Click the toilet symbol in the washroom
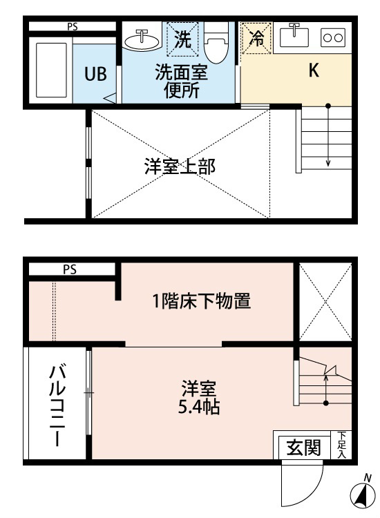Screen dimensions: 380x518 pyautogui.click(x=216, y=43)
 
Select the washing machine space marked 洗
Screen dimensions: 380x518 pyautogui.click(x=182, y=39)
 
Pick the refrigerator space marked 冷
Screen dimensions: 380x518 pyautogui.click(x=256, y=38)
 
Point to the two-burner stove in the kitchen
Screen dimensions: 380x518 pyautogui.click(x=333, y=37)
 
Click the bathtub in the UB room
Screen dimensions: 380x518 pyautogui.click(x=51, y=70)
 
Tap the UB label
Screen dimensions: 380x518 pyautogui.click(x=95, y=74)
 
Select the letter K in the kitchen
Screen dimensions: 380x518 pyautogui.click(x=314, y=70)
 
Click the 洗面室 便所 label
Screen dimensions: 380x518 pyautogui.click(x=182, y=81)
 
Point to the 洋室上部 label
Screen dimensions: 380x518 pyautogui.click(x=180, y=166)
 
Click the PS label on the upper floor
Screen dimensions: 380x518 pyautogui.click(x=73, y=26)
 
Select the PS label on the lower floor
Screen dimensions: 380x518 pyautogui.click(x=70, y=269)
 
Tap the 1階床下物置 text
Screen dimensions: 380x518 pyautogui.click(x=201, y=301)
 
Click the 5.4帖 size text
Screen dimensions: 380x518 pyautogui.click(x=199, y=407)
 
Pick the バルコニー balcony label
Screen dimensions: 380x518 pyautogui.click(x=57, y=406)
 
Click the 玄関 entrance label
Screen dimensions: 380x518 pyautogui.click(x=304, y=448)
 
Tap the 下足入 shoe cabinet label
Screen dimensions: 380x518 pyautogui.click(x=341, y=445)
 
